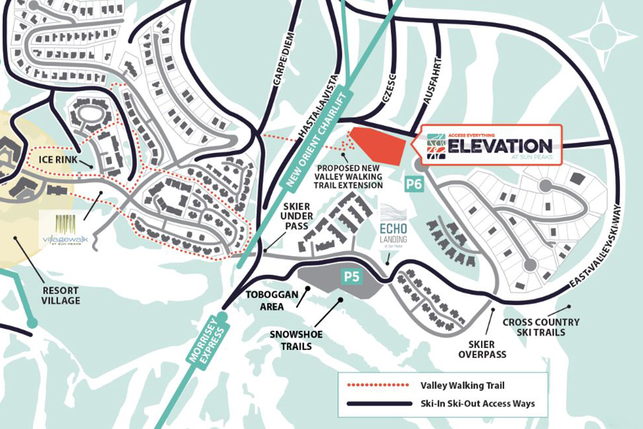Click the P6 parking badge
414,184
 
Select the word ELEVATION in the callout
500,146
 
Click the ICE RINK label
58,159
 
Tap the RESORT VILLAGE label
60,295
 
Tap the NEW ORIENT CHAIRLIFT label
316,140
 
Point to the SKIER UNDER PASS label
296,216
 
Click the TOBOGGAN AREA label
272,300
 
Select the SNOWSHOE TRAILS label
296,340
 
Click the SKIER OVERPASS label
482,349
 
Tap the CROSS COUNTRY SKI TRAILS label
541,327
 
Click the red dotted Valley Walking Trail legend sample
378,385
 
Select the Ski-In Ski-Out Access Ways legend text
478,404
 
